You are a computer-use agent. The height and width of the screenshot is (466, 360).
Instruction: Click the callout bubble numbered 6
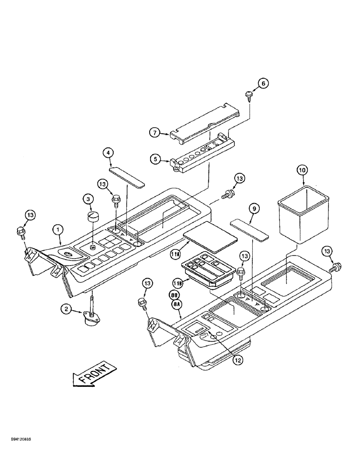[x=263, y=83]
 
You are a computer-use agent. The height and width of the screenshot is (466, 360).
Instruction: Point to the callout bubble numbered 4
[x=108, y=152]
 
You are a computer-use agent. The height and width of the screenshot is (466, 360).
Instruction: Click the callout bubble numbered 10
[x=302, y=171]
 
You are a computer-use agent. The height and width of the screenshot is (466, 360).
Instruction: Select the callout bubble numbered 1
[x=57, y=229]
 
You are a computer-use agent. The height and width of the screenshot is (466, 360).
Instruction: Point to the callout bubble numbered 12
[x=239, y=359]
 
